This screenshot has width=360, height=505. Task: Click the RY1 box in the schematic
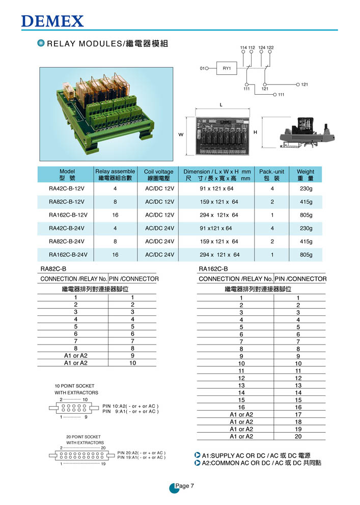coord(227,67)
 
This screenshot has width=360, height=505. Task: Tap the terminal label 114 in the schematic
coord(243,47)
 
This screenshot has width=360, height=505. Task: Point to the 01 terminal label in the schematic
coord(202,68)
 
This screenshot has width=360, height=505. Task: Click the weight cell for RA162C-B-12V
coord(306,215)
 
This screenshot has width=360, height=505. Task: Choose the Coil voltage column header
coord(158,175)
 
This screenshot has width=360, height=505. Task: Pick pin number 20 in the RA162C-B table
coord(298,436)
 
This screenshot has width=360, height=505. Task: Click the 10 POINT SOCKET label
coord(74,386)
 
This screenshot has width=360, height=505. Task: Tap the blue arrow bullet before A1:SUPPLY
coord(198,455)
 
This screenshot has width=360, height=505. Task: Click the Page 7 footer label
coord(184,486)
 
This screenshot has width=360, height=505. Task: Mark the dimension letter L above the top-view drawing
coord(220,104)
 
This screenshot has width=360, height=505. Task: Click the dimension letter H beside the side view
coord(256,132)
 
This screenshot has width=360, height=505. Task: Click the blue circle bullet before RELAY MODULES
coord(41,43)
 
